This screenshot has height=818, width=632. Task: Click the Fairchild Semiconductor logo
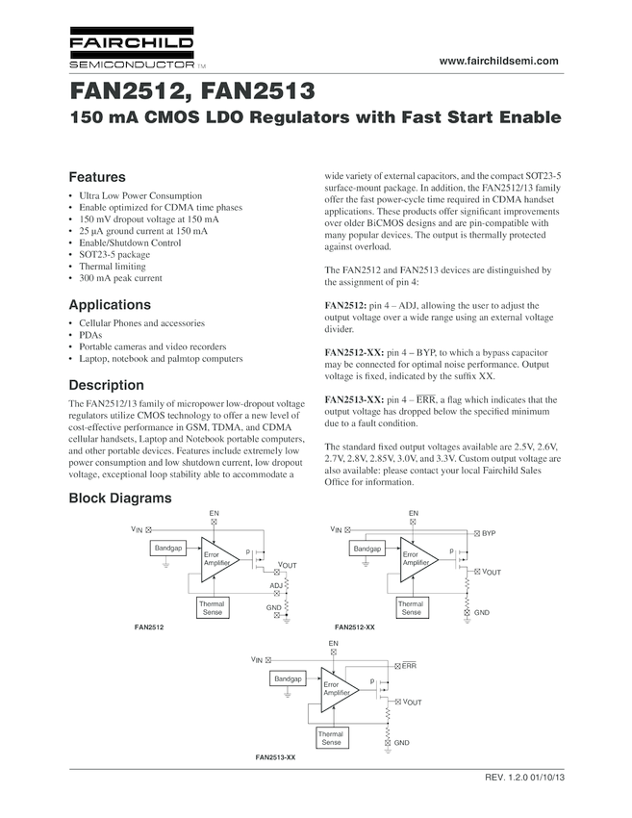pos(132,53)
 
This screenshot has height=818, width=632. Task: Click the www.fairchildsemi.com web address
pos(498,61)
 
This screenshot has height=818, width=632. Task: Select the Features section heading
pos(97,178)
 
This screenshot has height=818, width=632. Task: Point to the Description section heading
pos(106,385)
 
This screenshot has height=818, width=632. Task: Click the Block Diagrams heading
pos(119,498)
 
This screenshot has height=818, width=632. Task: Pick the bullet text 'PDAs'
pos(90,334)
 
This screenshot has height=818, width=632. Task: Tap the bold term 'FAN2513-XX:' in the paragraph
pos(354,399)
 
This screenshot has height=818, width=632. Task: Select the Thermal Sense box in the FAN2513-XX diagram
pos(331,738)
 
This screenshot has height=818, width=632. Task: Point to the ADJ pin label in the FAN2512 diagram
pos(275,585)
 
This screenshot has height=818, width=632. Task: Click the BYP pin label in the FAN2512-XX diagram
pos(489,532)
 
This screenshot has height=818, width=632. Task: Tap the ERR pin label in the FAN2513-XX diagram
pos(408,665)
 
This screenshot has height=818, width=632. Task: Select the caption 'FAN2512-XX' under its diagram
pos(354,626)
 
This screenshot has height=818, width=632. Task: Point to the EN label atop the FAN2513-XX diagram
pos(333,643)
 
